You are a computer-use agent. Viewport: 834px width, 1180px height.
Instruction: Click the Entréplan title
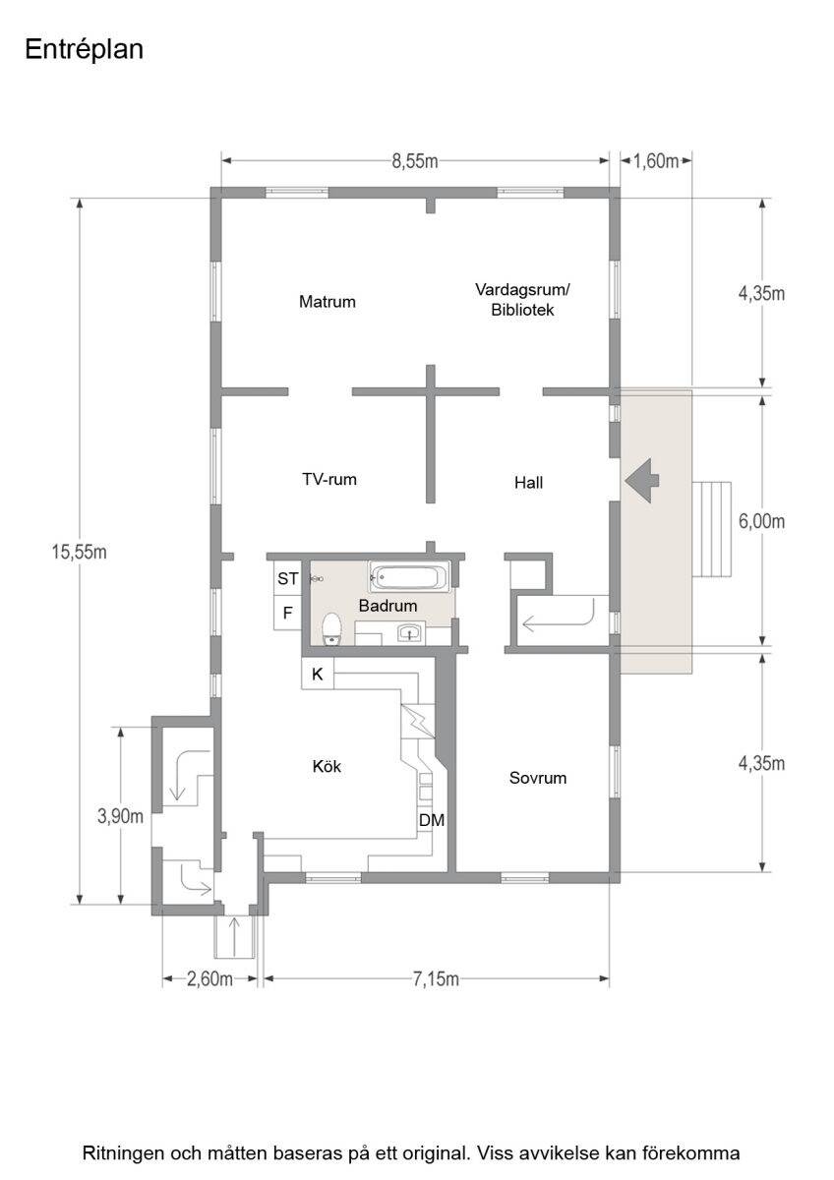[x=85, y=50]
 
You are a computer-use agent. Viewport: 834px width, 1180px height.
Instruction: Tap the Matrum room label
[x=328, y=302]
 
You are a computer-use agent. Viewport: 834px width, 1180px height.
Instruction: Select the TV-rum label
[x=329, y=480]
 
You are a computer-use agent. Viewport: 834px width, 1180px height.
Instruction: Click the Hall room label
[x=528, y=483]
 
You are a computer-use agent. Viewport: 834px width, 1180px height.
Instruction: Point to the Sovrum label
[x=538, y=778]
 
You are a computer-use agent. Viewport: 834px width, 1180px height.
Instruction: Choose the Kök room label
[x=327, y=766]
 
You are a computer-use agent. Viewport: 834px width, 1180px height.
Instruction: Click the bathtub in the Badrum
[x=409, y=577]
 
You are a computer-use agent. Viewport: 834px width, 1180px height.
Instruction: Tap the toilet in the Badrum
[x=331, y=628]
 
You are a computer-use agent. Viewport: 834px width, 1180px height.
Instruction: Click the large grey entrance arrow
[x=642, y=481]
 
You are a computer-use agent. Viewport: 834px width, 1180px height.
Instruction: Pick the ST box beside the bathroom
[x=287, y=579]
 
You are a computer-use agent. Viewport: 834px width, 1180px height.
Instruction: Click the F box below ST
[x=287, y=613]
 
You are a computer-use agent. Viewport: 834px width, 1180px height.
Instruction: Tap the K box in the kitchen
[x=317, y=674]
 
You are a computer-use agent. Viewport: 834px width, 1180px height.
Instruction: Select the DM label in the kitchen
[x=432, y=820]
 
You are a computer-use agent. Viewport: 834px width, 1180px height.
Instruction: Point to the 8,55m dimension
[x=415, y=161]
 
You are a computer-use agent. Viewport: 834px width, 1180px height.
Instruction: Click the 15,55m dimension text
[x=79, y=552]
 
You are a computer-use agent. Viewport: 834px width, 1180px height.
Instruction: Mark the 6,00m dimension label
[x=761, y=521]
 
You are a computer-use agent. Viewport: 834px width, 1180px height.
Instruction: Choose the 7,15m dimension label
[x=436, y=979]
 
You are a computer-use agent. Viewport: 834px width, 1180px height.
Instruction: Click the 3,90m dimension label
[x=120, y=816]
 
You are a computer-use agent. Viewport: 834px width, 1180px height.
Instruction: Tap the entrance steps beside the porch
[x=711, y=529]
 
